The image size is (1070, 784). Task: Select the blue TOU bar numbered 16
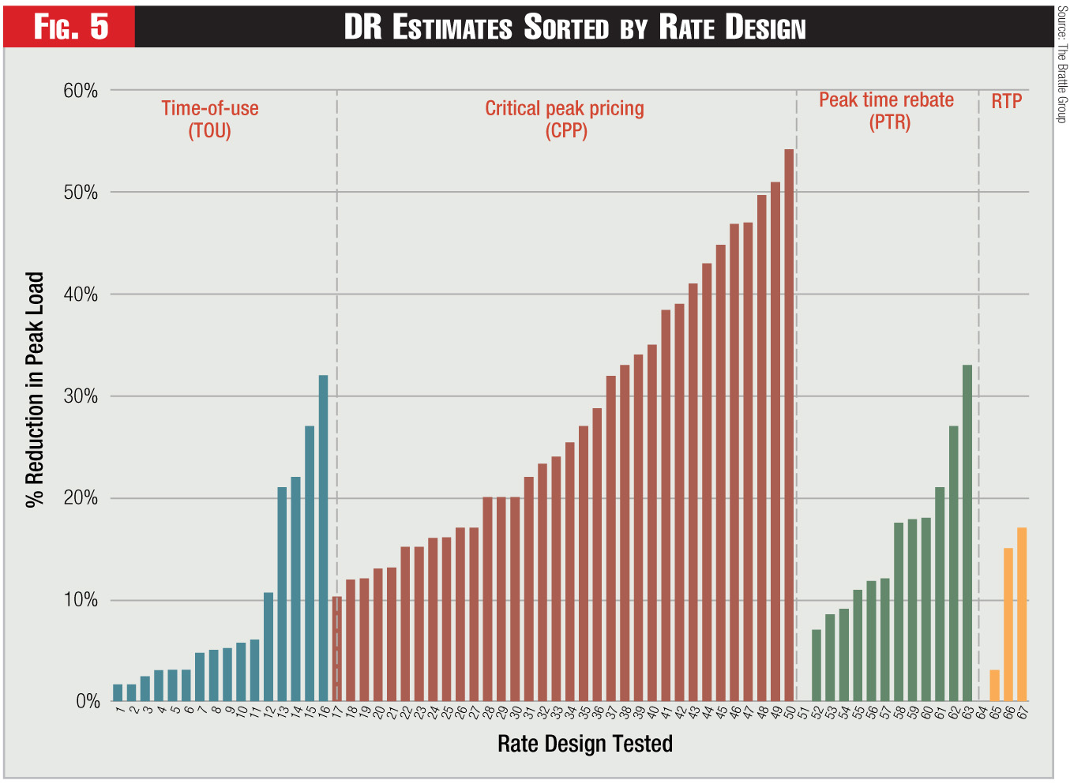tap(323, 538)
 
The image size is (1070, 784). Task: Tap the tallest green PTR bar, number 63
tap(967, 533)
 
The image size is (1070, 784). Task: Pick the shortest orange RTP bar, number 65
tap(994, 685)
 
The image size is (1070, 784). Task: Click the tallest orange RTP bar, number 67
tap(1022, 614)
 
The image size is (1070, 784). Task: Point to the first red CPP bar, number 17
tap(337, 648)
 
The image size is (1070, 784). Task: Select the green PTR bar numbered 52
tap(817, 665)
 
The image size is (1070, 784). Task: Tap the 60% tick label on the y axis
tap(81, 91)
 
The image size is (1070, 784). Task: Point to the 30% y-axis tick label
tap(81, 396)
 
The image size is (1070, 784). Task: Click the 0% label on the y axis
tap(87, 701)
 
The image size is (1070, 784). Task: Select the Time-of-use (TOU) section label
tap(210, 119)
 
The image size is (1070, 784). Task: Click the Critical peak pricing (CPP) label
tap(565, 119)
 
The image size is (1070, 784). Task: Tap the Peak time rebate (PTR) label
tap(886, 111)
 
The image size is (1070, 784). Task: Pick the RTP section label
tap(1007, 101)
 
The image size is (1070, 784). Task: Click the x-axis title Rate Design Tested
tap(585, 744)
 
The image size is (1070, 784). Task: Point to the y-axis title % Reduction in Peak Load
tap(34, 390)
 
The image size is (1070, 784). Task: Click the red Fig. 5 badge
tap(70, 27)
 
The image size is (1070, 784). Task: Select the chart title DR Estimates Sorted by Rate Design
tap(575, 27)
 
